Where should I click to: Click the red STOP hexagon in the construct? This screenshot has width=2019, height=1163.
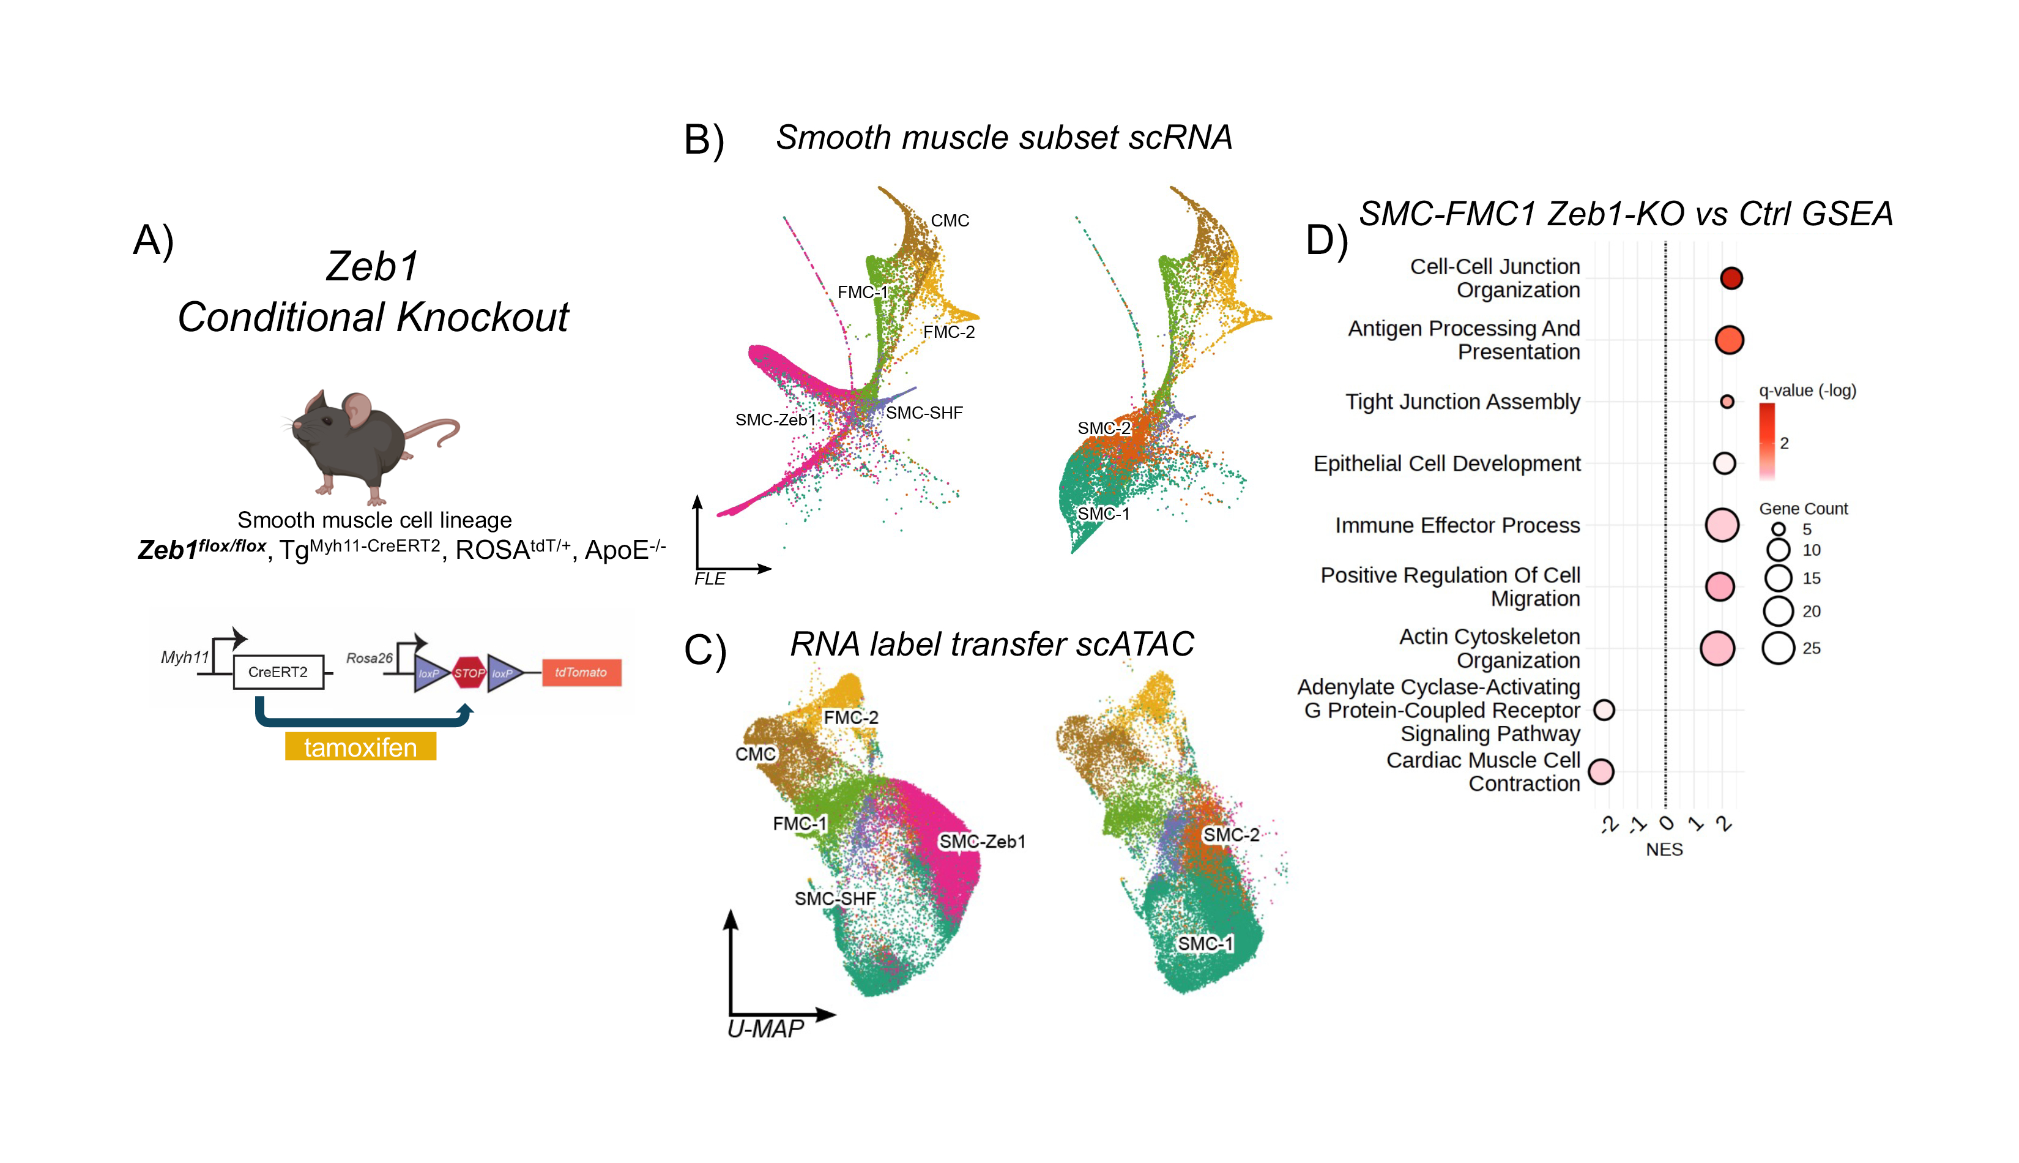(469, 673)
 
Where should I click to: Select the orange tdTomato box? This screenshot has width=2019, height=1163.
(581, 673)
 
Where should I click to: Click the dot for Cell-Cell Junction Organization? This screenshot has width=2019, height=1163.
(1731, 278)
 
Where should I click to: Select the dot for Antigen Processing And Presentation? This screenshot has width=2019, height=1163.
(1729, 340)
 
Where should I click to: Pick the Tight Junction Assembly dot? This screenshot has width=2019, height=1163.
(1727, 402)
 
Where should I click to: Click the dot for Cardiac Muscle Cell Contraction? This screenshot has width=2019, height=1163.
(1602, 772)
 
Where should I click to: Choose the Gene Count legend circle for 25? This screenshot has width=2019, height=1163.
(1778, 648)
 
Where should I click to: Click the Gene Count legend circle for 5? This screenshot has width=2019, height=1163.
(1778, 529)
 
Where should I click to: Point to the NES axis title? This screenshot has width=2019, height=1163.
(1665, 850)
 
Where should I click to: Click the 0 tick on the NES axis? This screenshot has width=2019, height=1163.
(1666, 823)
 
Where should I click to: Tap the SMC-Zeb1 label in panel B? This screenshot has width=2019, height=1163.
(775, 420)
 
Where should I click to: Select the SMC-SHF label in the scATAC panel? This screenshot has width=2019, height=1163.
(835, 899)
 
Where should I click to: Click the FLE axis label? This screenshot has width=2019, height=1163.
(710, 579)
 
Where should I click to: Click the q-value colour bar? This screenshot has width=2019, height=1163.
(1767, 441)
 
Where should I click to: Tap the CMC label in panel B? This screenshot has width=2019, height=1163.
(950, 220)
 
